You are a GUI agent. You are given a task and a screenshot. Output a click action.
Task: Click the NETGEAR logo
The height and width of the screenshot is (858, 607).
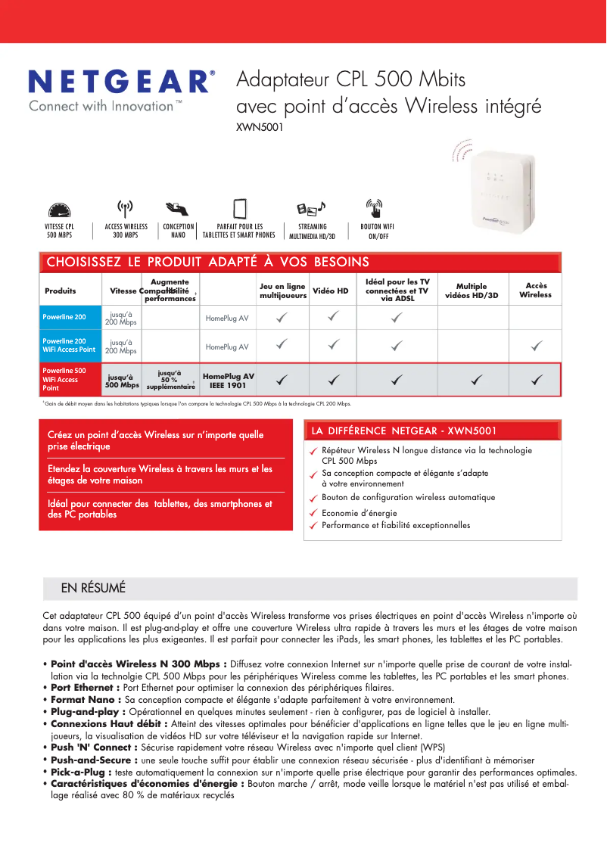(121, 82)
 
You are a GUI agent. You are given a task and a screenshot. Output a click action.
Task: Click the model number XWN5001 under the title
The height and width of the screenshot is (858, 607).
(260, 128)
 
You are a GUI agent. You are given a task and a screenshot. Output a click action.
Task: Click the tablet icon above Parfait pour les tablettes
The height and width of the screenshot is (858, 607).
(240, 208)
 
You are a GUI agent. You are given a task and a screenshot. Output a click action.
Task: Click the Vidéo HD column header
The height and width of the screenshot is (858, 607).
(331, 291)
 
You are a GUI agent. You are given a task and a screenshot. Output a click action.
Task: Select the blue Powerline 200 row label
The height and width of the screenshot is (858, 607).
(70, 317)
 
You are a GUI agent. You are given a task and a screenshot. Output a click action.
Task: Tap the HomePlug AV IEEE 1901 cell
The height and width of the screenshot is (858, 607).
(228, 381)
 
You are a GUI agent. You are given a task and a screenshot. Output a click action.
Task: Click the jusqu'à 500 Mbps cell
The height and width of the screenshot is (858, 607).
(121, 381)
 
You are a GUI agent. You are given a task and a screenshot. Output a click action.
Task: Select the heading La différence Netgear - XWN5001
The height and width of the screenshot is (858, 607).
(403, 431)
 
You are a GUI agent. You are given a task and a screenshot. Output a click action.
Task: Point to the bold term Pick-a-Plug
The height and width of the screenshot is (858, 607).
(80, 772)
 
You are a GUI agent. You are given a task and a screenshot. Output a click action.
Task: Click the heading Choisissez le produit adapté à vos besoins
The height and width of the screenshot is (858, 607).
(208, 263)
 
